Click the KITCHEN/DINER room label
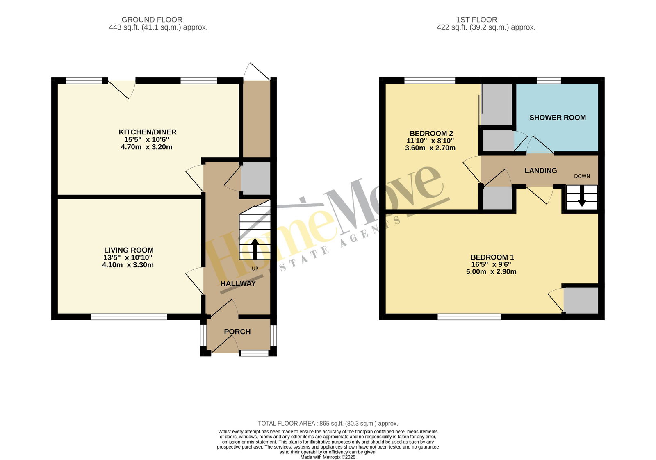click(x=147, y=132)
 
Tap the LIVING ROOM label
click(x=129, y=250)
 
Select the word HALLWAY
click(x=238, y=283)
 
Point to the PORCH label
click(x=237, y=332)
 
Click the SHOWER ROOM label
click(x=558, y=118)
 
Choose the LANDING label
click(x=541, y=171)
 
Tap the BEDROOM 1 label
click(x=492, y=257)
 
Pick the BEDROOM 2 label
click(x=431, y=134)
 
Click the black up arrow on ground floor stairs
click(x=255, y=249)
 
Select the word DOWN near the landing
click(x=582, y=176)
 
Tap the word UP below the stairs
click(x=255, y=269)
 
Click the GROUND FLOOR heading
click(x=152, y=20)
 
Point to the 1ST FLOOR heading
click(x=476, y=20)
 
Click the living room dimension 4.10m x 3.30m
click(x=128, y=265)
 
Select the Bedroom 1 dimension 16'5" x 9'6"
click(x=491, y=264)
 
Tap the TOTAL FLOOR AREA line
click(x=328, y=424)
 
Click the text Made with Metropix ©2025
click(x=328, y=457)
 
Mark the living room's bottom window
click(x=129, y=317)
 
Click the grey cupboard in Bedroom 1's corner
click(x=581, y=301)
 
